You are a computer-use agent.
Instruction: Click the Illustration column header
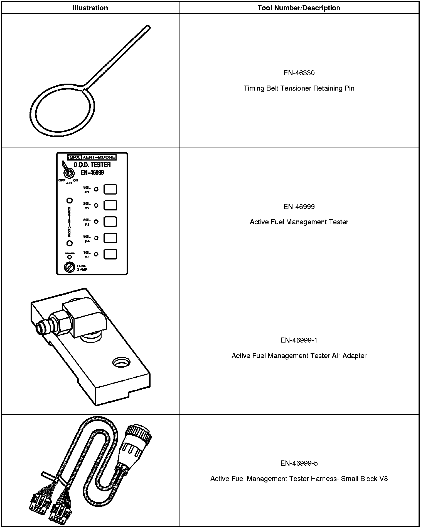90,8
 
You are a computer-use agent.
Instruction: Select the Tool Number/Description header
299,8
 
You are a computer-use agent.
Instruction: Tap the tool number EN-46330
299,73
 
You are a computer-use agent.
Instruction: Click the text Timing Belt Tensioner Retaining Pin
299,88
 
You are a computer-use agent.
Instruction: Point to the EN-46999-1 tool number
299,340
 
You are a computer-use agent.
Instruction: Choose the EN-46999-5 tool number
299,463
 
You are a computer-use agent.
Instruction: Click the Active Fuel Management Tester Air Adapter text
299,356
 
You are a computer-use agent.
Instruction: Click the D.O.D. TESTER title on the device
92,165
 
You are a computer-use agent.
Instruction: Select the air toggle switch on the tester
68,173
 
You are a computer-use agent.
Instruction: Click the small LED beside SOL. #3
96,222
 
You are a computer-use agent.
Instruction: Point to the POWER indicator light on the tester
70,257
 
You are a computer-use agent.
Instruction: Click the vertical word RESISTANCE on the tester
69,222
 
